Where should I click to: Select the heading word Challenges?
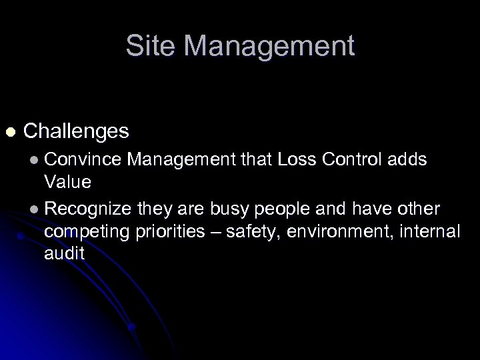[x=76, y=131]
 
